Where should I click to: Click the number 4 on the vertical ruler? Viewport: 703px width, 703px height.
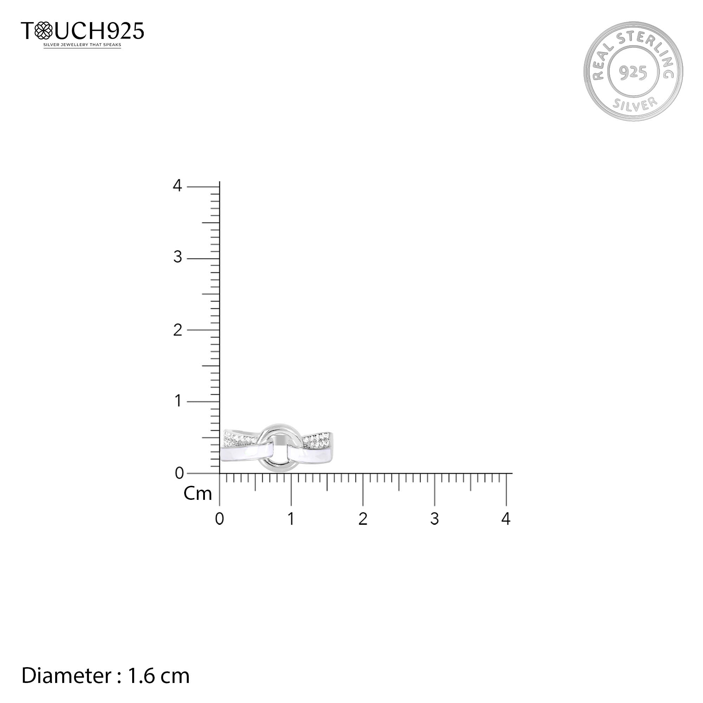click(x=177, y=186)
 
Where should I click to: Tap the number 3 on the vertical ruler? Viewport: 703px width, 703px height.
click(x=178, y=257)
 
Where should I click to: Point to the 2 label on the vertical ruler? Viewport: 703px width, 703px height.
click(x=178, y=330)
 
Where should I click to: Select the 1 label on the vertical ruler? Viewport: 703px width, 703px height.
click(x=178, y=401)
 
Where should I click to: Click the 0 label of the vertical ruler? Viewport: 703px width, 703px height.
click(x=179, y=473)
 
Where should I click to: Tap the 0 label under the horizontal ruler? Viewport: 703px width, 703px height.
click(x=219, y=519)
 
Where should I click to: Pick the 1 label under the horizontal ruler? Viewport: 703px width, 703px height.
click(x=291, y=519)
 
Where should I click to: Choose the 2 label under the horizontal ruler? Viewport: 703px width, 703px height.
click(x=363, y=519)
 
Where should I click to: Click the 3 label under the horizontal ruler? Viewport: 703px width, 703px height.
click(x=434, y=519)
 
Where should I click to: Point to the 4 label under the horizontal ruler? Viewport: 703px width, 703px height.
click(x=506, y=519)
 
